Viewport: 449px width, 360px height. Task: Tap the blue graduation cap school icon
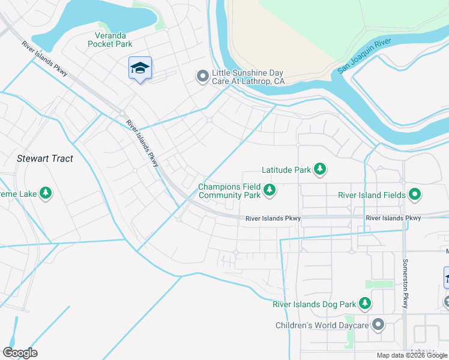pyautogui.click(x=140, y=68)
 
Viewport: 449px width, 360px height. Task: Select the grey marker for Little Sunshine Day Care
pyautogui.click(x=203, y=76)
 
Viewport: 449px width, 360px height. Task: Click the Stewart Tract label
pyautogui.click(x=46, y=158)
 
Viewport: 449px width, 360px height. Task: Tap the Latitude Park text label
pyautogui.click(x=286, y=170)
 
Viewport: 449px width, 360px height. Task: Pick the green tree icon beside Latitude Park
pyautogui.click(x=321, y=170)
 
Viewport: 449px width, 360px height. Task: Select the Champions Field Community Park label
pyautogui.click(x=229, y=191)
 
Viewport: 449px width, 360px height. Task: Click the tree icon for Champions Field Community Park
pyautogui.click(x=270, y=190)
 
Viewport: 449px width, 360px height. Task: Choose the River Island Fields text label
pyautogui.click(x=372, y=194)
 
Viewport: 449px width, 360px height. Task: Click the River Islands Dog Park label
pyautogui.click(x=314, y=304)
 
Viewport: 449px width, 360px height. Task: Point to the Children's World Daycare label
pyautogui.click(x=321, y=325)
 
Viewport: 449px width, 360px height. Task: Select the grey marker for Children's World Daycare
pyautogui.click(x=378, y=325)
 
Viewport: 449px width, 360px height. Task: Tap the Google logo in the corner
pyautogui.click(x=20, y=353)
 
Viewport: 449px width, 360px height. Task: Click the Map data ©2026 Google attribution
pyautogui.click(x=412, y=355)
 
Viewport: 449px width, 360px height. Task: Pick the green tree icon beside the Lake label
pyautogui.click(x=45, y=193)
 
